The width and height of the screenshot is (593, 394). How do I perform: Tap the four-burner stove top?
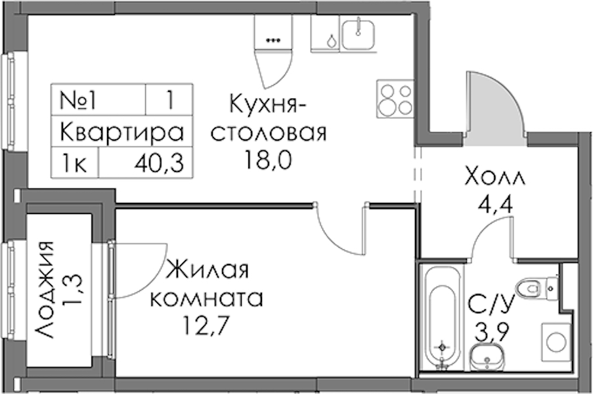tap(395, 99)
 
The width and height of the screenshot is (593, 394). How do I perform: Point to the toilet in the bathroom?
tap(537, 288)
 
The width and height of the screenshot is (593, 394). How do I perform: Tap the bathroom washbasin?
tap(487, 360)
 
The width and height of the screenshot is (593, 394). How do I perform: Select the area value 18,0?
tap(268, 160)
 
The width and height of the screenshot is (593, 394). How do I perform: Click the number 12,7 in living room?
tap(206, 324)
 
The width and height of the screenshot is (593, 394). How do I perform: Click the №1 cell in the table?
tap(78, 100)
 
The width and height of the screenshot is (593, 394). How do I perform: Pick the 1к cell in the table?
tap(74, 164)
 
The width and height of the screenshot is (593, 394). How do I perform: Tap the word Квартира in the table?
tap(121, 133)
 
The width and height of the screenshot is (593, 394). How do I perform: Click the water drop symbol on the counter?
tap(331, 41)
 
